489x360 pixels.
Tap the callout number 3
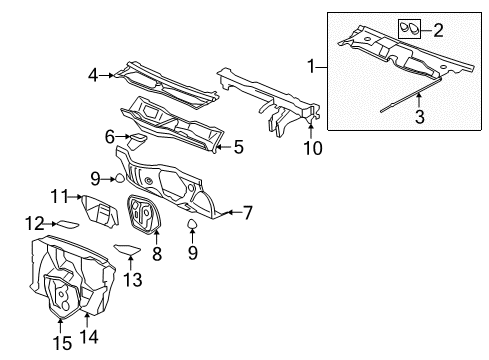pos(420,117)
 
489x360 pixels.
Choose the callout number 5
pos(237,146)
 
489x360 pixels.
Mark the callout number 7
pos(249,212)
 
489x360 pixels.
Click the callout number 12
pos(32,222)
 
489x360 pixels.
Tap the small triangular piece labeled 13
pos(127,251)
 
